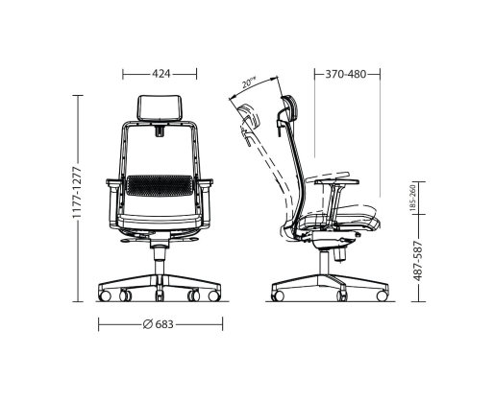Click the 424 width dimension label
(161, 74)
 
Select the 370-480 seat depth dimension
(346, 74)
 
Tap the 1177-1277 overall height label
(77, 192)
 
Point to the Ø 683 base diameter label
(158, 324)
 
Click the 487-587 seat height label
(417, 261)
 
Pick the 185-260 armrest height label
(412, 198)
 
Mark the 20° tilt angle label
(249, 83)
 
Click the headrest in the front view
(160, 107)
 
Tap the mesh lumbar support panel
(160, 185)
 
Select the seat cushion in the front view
(160, 222)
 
